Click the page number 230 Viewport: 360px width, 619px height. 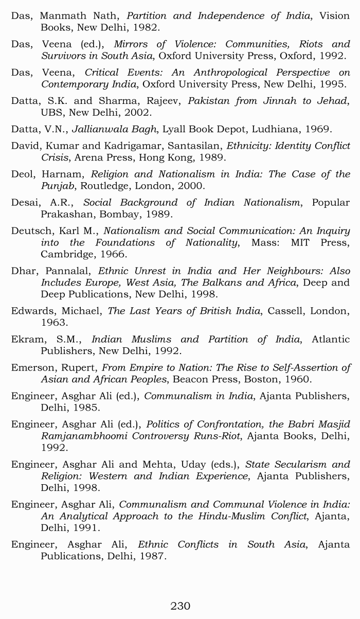pos(180,606)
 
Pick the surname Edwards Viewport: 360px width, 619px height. pos(31,311)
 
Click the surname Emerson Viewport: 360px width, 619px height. pos(32,367)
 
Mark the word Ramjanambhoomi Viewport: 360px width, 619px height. pos(87,436)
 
